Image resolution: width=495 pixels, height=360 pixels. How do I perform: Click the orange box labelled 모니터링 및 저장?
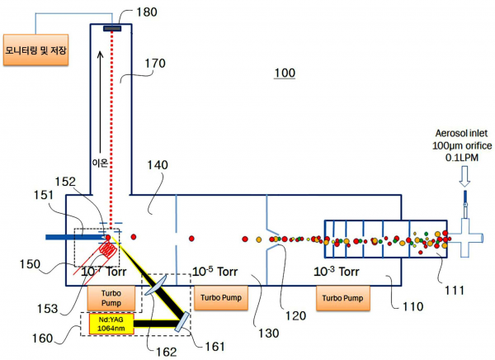click(36, 50)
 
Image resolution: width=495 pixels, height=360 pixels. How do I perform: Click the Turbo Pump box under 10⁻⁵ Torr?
click(219, 297)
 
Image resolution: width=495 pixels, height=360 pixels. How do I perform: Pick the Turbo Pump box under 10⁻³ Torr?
click(342, 297)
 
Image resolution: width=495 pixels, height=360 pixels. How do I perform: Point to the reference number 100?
click(285, 74)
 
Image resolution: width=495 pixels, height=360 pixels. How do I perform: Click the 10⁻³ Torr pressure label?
click(337, 271)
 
